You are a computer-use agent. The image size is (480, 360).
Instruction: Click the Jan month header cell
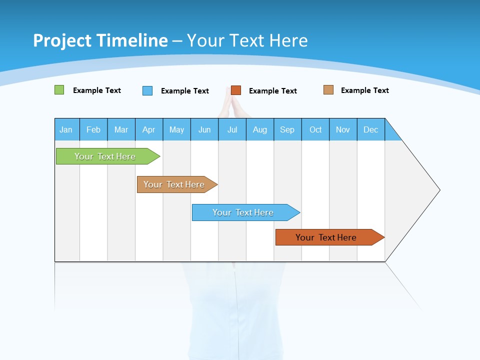point(66,129)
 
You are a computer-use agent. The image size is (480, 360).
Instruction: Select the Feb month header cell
point(93,129)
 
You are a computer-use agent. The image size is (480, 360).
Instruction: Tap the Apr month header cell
point(149,129)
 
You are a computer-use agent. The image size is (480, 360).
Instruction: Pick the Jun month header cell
point(204,129)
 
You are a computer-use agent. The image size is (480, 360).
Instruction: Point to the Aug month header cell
point(260,129)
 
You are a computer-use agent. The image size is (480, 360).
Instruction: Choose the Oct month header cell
point(315,129)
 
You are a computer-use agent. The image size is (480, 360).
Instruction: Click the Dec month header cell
point(371,129)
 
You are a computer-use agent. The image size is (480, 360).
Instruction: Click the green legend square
point(59,90)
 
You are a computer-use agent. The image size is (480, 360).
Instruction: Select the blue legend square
point(147,90)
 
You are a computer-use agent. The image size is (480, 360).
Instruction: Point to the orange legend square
point(236,90)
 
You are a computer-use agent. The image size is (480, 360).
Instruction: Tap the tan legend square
point(328,90)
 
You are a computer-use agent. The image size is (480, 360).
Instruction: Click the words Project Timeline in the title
point(100,40)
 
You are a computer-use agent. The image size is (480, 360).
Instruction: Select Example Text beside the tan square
point(364,90)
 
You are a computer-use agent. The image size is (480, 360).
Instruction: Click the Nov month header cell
point(343,129)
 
